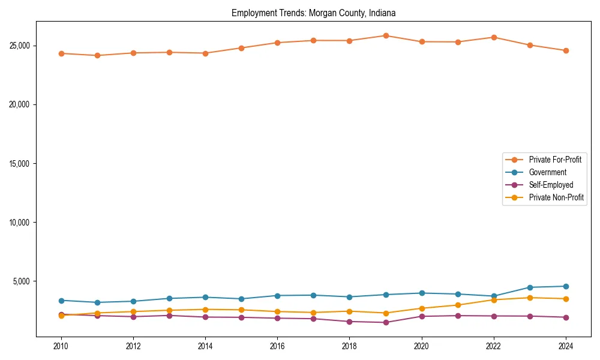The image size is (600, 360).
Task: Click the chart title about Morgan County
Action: (x=313, y=13)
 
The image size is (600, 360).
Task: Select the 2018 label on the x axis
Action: (x=349, y=346)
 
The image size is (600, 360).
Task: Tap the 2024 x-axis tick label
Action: (x=566, y=346)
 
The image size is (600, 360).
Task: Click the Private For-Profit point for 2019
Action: (x=386, y=35)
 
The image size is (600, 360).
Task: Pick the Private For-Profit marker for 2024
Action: (x=566, y=50)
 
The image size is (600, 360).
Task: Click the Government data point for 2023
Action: (x=530, y=287)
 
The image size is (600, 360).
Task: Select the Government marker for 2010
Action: (x=61, y=300)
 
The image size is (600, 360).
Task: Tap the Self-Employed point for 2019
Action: (x=386, y=322)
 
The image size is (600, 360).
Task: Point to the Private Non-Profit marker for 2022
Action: (x=494, y=299)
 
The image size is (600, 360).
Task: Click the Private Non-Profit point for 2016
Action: (x=277, y=311)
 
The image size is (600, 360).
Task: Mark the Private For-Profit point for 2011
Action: (x=97, y=55)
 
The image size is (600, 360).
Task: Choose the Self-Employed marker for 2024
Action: (x=566, y=317)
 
